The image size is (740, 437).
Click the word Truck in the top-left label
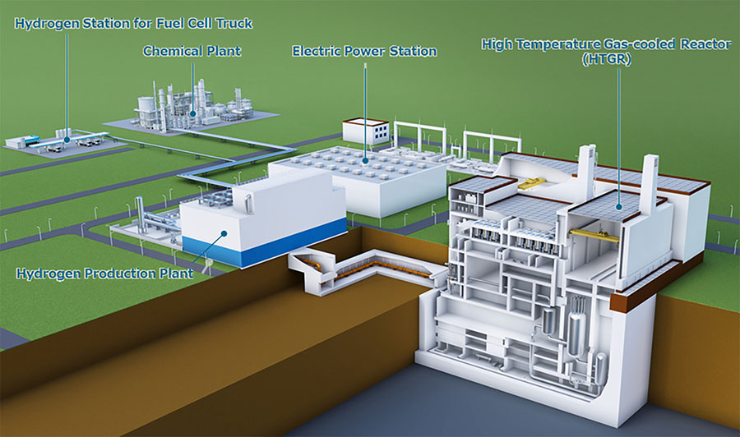234,24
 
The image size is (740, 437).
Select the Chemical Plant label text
192,51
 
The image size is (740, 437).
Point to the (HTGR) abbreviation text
607,59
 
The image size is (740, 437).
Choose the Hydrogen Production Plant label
104,274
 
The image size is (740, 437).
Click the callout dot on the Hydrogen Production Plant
224,233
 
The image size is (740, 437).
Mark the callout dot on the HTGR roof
619,206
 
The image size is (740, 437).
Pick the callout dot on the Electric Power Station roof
365,161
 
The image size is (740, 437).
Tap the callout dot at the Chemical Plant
192,113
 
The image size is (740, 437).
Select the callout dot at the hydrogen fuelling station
67,140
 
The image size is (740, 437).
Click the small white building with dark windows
366,131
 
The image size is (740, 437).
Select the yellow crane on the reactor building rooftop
532,183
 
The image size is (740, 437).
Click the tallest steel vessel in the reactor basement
576,326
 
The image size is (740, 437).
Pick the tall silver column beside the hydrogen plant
139,214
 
